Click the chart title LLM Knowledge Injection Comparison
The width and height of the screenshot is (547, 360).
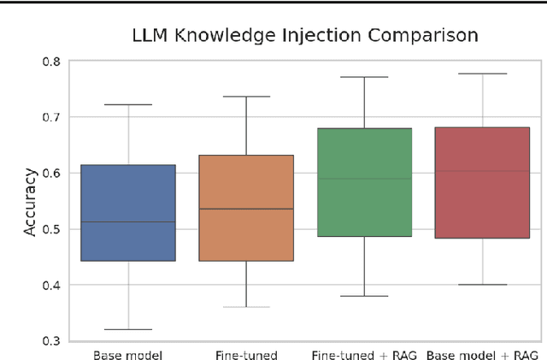tap(304, 36)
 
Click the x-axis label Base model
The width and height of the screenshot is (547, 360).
tap(128, 352)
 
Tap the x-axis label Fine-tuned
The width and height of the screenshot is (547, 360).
tap(246, 352)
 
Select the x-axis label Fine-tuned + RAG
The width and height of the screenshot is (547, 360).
tap(364, 352)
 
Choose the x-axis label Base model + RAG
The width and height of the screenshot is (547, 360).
tap(482, 352)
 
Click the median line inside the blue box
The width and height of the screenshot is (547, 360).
tap(128, 222)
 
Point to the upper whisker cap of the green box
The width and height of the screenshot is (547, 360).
tap(364, 77)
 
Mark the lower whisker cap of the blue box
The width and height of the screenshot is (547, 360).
tap(128, 329)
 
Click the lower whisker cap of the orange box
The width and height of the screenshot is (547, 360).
tap(246, 307)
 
